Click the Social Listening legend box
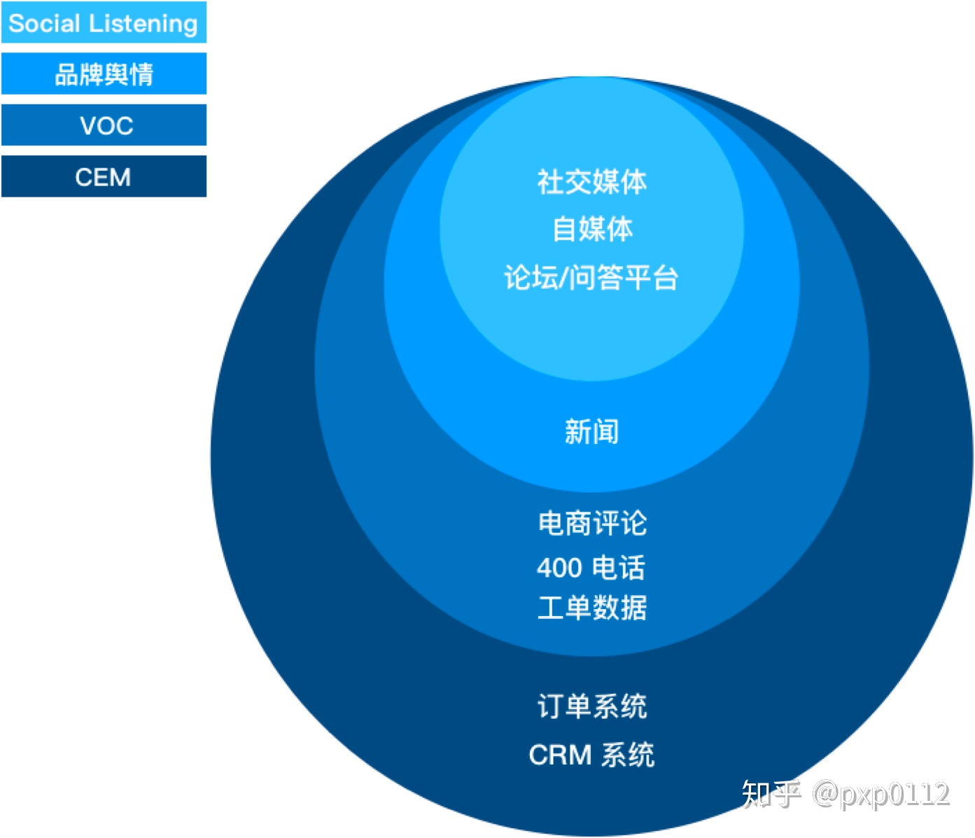[x=104, y=22]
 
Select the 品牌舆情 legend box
[x=104, y=74]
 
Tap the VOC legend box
[x=104, y=125]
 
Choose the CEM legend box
[x=104, y=176]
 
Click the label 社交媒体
[x=591, y=182]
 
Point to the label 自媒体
[x=591, y=229]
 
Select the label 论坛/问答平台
[x=591, y=278]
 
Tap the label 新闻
[x=591, y=431]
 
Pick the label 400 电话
[x=591, y=567]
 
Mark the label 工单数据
[x=591, y=608]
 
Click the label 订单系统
[x=591, y=706]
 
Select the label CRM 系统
[x=591, y=755]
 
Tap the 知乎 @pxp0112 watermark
[x=845, y=794]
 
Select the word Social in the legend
[x=44, y=23]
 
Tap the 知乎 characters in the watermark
[x=771, y=794]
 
